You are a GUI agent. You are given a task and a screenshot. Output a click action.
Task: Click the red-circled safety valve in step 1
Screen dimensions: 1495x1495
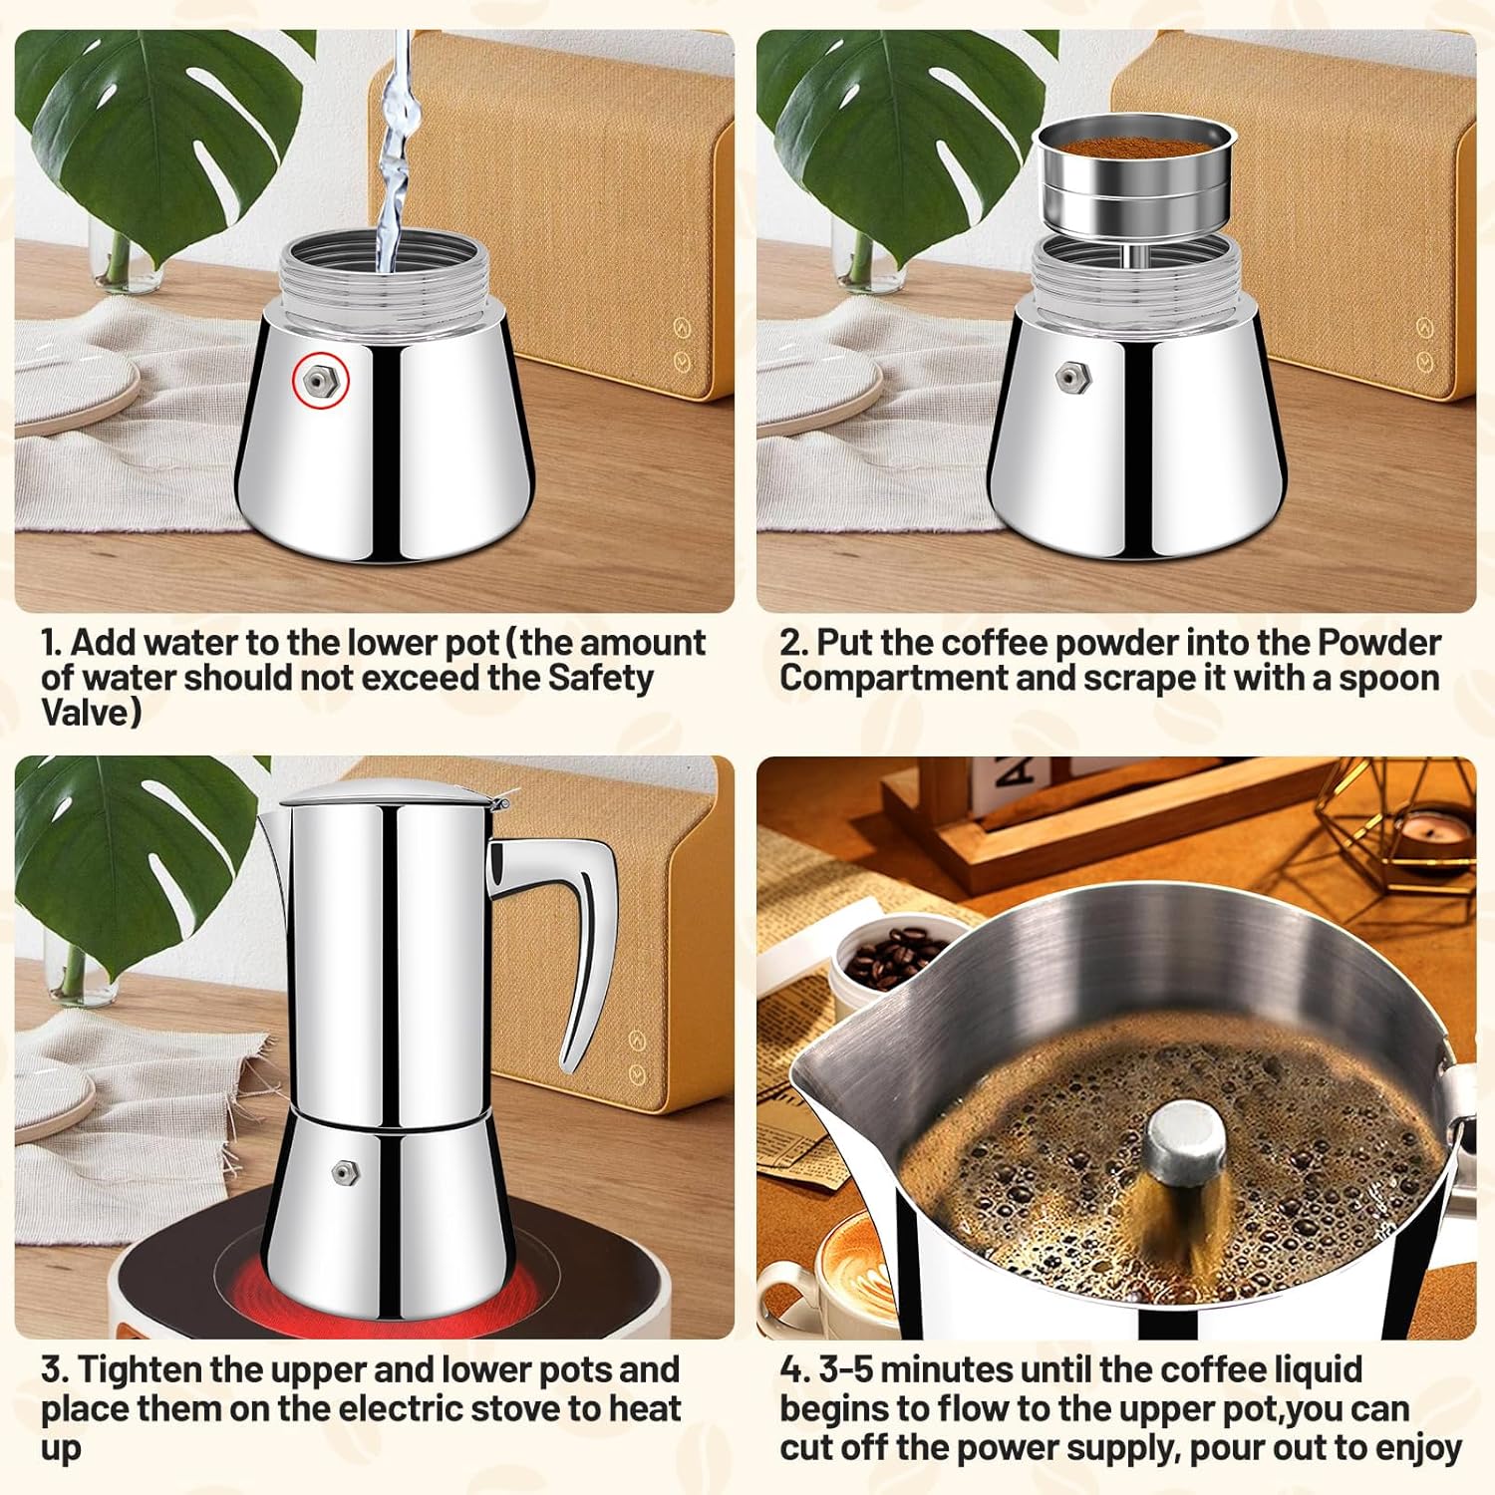point(320,380)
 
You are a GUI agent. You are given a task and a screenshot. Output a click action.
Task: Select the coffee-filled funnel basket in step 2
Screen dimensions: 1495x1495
point(1133,184)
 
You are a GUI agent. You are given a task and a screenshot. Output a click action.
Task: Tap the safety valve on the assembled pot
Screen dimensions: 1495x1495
point(344,1172)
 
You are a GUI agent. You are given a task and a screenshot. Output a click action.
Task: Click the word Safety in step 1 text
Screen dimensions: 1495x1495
point(600,678)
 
